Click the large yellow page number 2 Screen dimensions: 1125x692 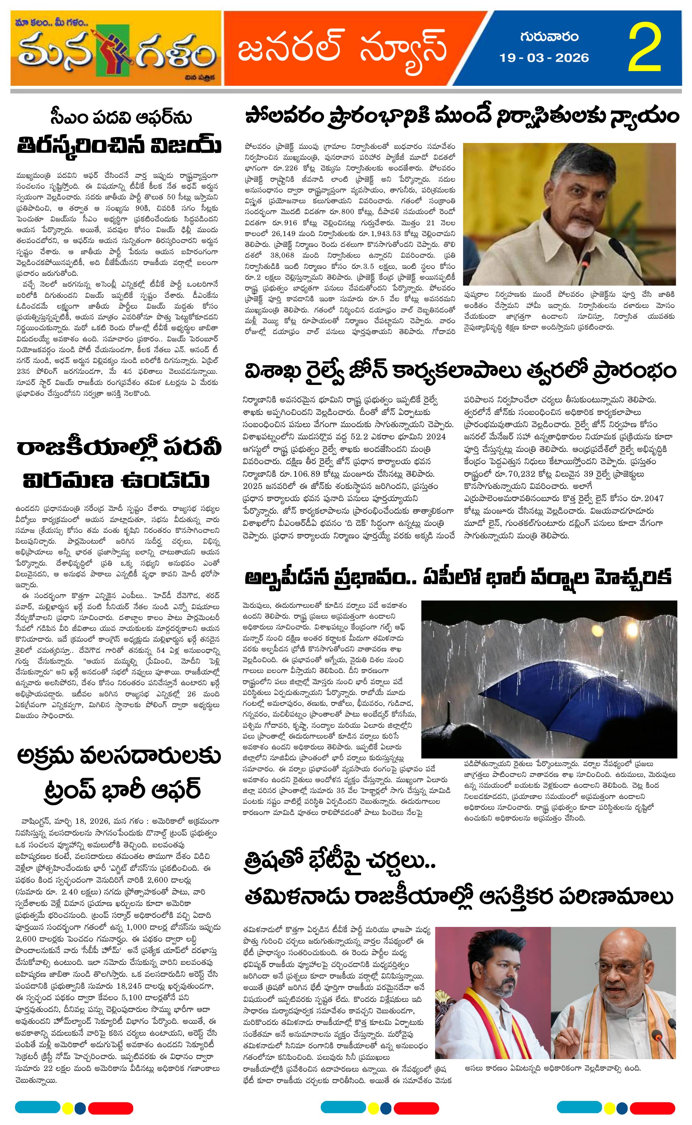(645, 48)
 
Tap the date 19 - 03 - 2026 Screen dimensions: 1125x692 (544, 58)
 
